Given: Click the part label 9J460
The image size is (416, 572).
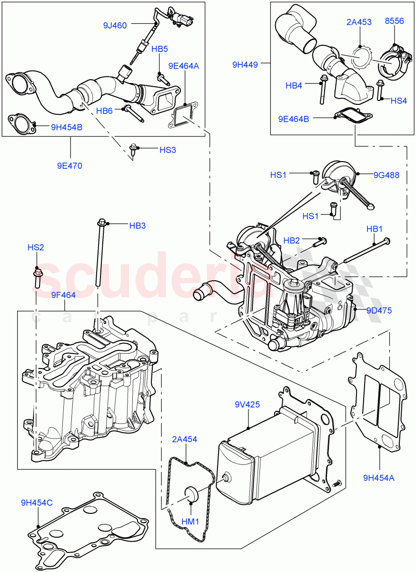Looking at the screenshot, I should point(115,25).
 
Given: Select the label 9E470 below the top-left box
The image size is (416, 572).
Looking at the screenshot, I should point(70,166).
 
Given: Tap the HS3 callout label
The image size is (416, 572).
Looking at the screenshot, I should point(168,150).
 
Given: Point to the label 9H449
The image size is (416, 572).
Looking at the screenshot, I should point(245,64).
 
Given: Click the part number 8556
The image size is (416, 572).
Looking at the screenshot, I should point(394,22).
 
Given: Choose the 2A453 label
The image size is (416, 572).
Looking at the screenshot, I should point(359,22).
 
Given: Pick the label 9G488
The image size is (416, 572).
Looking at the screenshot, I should point(387,175).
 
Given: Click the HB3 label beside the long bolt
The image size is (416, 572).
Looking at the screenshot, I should point(137,225).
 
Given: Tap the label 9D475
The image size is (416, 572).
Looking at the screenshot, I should point(379,310).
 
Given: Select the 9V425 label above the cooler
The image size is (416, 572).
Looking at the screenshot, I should point(247,405).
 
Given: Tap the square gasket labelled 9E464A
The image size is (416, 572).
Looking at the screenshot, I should point(180,117).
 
